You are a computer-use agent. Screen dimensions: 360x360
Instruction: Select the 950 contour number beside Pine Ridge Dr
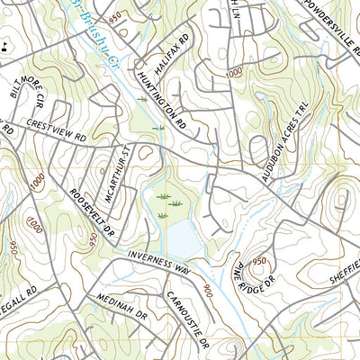(259, 261)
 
